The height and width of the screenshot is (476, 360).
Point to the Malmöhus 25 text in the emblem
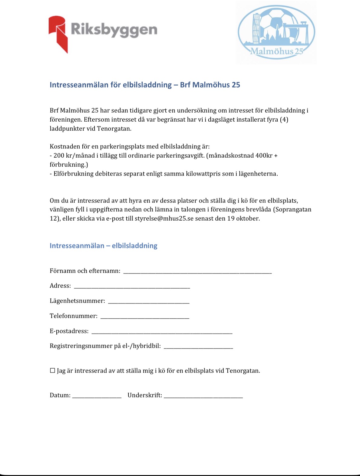click(x=276, y=51)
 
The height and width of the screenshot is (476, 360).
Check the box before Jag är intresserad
click(x=53, y=371)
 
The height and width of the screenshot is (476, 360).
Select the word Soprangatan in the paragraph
click(x=293, y=209)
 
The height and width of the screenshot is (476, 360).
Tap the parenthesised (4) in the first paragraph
click(x=284, y=120)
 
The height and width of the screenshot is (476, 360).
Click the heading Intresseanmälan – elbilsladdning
click(x=103, y=245)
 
